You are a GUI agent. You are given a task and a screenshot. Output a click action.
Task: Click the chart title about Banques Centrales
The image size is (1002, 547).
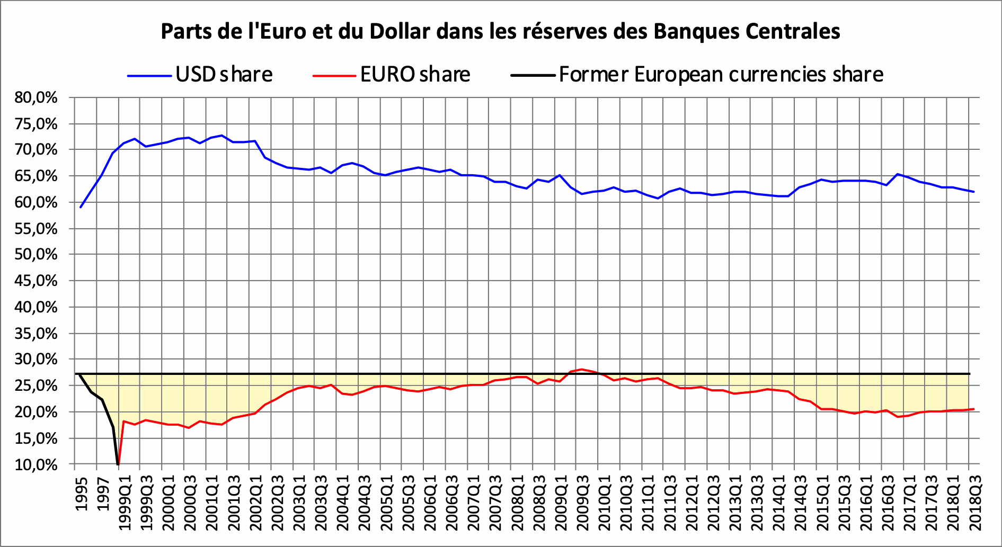tap(500, 32)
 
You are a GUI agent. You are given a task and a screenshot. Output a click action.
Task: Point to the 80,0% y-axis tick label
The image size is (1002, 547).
tap(36, 97)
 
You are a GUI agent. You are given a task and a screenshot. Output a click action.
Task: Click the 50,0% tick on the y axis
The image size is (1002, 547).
tap(36, 255)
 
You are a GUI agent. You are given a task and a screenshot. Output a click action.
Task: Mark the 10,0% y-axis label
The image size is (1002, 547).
tap(36, 465)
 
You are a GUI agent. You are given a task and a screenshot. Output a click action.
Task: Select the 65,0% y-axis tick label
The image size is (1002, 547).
tap(36, 176)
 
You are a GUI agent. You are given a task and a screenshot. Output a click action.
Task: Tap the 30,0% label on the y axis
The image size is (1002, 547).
tap(36, 360)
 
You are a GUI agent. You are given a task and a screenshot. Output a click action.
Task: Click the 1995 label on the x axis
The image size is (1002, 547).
tap(81, 494)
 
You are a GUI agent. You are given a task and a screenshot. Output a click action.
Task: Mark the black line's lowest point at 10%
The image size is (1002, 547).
tap(118, 464)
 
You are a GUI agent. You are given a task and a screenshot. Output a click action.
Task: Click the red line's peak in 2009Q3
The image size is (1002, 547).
tap(582, 369)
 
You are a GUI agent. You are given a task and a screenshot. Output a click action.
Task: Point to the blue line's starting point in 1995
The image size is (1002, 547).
tap(81, 207)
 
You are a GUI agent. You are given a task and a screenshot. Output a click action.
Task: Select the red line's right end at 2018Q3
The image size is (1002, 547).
tap(974, 409)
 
